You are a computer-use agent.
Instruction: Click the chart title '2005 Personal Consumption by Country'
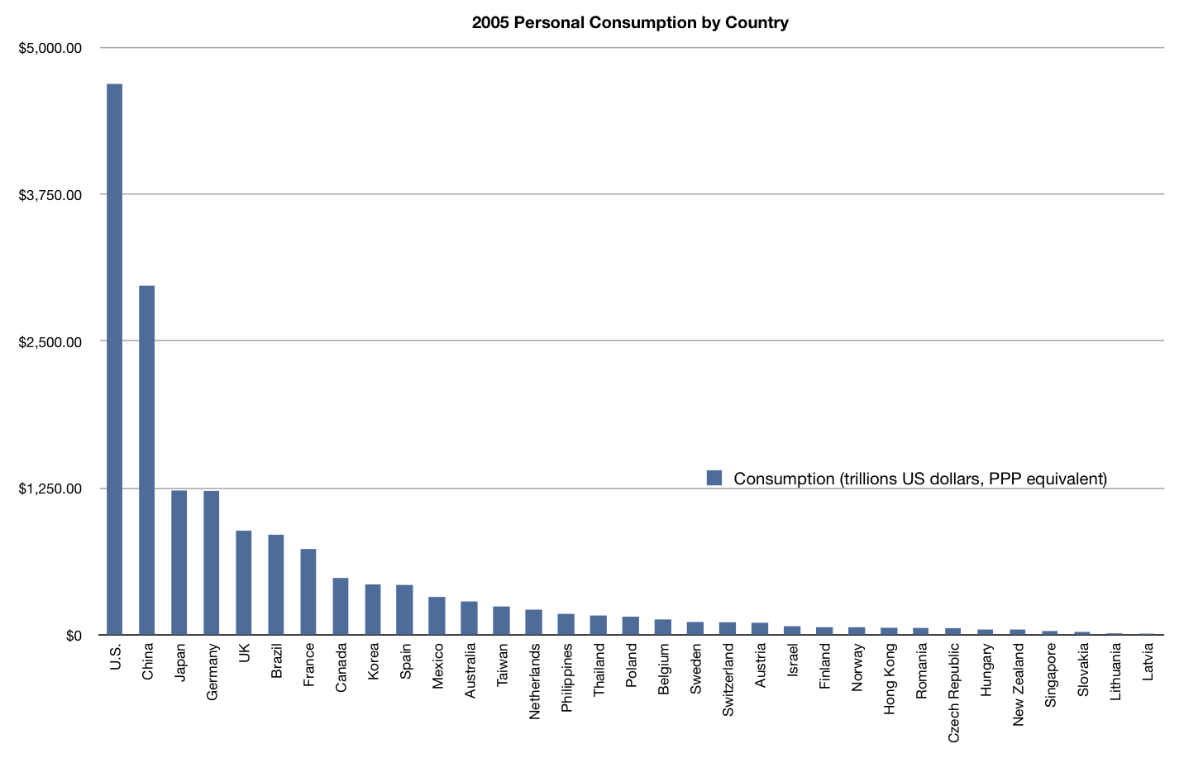(x=630, y=22)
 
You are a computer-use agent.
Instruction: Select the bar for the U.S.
(x=115, y=359)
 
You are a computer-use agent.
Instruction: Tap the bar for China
(x=147, y=460)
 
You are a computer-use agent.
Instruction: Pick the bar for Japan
(x=179, y=562)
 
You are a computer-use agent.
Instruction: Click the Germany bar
(x=212, y=562)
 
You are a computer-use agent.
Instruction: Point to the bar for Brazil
(x=276, y=584)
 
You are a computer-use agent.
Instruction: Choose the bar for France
(x=308, y=592)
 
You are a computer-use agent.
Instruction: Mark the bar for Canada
(x=341, y=606)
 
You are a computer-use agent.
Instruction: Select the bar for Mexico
(x=437, y=616)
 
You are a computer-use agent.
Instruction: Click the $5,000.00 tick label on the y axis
(x=50, y=48)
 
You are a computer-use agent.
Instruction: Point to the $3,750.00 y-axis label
(x=50, y=195)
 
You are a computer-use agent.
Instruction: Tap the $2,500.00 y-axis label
(x=50, y=342)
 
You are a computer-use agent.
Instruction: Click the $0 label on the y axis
(x=74, y=636)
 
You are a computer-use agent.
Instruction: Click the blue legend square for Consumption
(x=714, y=478)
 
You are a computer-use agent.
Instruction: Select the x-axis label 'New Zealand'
(x=1018, y=684)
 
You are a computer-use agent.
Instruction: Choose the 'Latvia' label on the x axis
(x=1148, y=662)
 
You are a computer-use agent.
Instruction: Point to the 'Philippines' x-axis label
(x=566, y=678)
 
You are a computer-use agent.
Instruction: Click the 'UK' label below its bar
(x=244, y=653)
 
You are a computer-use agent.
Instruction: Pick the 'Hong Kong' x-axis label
(x=889, y=679)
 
